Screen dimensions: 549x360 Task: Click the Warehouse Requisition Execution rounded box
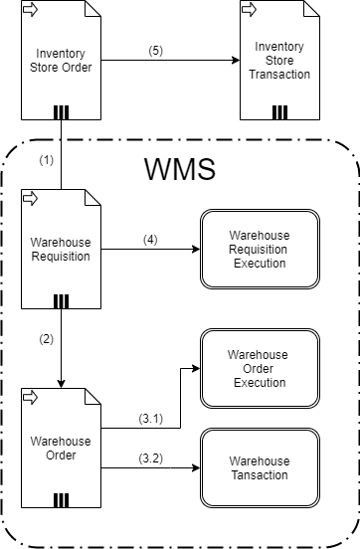(260, 249)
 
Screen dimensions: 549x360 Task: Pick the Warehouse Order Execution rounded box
(260, 368)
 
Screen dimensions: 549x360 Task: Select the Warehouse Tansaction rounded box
(260, 467)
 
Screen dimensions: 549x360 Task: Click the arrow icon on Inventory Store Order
(30, 10)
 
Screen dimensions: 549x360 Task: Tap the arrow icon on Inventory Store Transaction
(249, 10)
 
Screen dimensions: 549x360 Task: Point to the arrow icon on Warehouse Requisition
(30, 199)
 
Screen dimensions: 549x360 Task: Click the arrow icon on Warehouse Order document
(30, 398)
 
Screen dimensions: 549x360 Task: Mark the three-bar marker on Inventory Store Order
(61, 111)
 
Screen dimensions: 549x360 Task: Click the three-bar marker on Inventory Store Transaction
(279, 111)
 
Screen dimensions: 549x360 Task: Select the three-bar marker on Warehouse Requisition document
(61, 300)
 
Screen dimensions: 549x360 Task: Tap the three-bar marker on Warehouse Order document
(61, 499)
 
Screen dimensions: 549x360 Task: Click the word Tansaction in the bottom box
(260, 475)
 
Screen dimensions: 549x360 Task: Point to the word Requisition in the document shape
(61, 257)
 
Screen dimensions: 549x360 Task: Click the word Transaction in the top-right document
(279, 75)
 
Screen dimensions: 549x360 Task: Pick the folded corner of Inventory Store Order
(93, 7)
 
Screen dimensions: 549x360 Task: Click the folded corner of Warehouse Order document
(93, 395)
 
